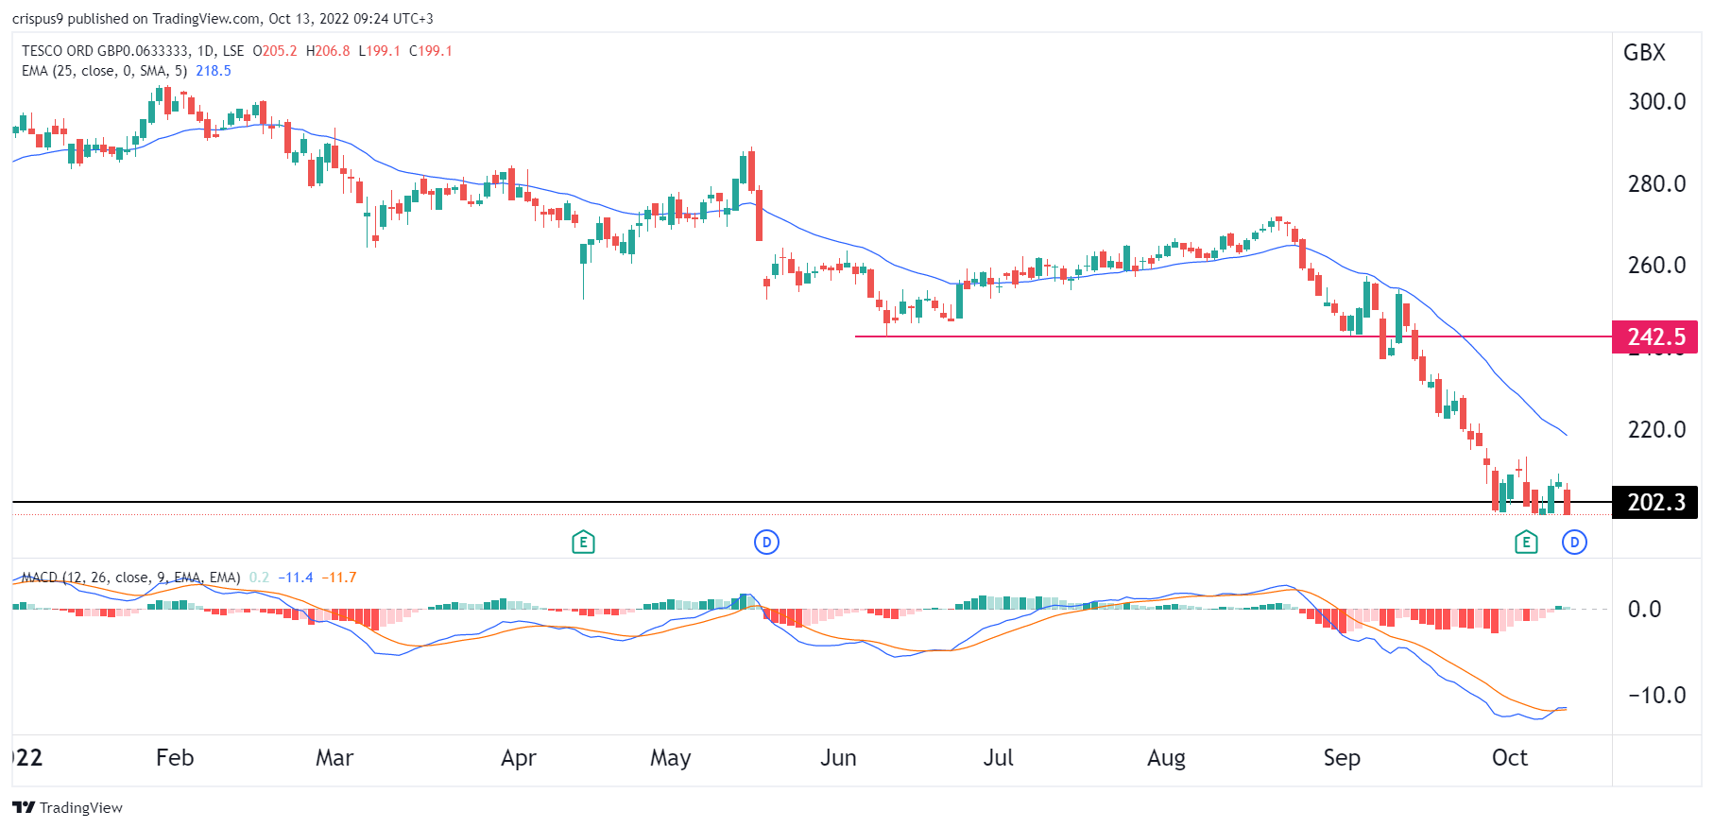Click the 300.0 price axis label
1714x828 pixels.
(x=1655, y=101)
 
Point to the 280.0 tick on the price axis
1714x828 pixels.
(x=1655, y=183)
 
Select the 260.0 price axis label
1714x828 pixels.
(x=1655, y=265)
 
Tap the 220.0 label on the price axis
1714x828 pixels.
(x=1655, y=429)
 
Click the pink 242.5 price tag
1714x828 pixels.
(x=1654, y=337)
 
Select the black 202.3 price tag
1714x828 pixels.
(x=1654, y=502)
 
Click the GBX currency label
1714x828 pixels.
(x=1644, y=53)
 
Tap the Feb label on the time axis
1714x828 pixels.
(x=175, y=758)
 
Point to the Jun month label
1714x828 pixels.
(x=838, y=758)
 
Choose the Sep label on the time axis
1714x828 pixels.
(x=1341, y=758)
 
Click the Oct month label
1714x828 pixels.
(x=1509, y=758)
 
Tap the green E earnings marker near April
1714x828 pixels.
(x=583, y=543)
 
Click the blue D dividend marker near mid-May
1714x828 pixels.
(x=766, y=543)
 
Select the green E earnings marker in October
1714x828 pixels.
(x=1525, y=543)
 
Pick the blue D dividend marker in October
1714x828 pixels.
(x=1574, y=543)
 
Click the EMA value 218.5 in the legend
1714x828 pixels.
(x=214, y=71)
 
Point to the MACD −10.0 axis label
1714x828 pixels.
(x=1655, y=695)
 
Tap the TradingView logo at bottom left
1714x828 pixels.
(x=68, y=807)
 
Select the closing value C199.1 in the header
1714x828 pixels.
(x=431, y=51)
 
